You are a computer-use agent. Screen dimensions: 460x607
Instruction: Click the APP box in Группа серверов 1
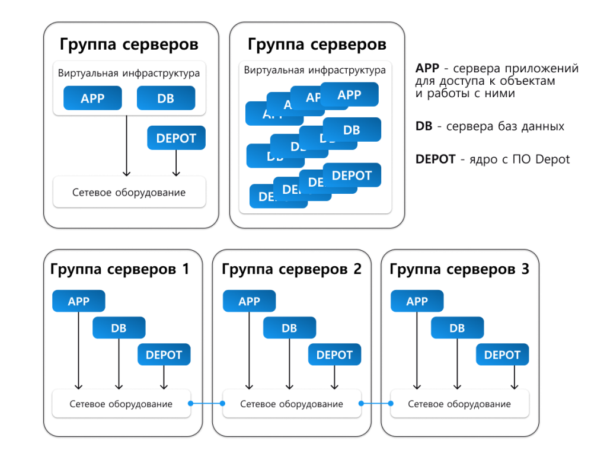(78, 301)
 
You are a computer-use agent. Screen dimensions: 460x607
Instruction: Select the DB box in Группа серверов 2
(289, 328)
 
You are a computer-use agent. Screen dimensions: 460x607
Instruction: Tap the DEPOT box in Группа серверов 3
(502, 354)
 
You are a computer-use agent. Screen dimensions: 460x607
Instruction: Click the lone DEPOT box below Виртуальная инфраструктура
(176, 138)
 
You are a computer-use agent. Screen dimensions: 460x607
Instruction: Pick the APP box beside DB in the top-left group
(92, 98)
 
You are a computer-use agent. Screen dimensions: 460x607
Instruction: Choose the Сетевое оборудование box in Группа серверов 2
(291, 404)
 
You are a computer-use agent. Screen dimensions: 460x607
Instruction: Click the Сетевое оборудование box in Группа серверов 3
(459, 404)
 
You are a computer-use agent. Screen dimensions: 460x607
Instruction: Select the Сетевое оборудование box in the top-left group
(129, 192)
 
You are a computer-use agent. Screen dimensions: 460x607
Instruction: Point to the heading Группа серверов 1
(120, 269)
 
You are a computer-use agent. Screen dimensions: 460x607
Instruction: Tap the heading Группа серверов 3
(459, 269)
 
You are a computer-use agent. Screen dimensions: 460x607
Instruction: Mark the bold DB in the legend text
(424, 126)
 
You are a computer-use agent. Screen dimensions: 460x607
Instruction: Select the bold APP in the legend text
(427, 69)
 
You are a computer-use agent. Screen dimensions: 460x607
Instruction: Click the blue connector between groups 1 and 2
(207, 404)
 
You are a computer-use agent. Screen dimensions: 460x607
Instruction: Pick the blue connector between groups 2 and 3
(376, 404)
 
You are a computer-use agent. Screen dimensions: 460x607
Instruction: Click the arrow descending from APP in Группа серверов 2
(249, 350)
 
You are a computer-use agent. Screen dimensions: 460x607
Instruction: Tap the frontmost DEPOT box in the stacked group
(352, 175)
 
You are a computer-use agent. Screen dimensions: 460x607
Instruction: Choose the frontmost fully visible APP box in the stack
(349, 94)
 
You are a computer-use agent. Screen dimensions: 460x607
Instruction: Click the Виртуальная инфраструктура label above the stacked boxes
(315, 70)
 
